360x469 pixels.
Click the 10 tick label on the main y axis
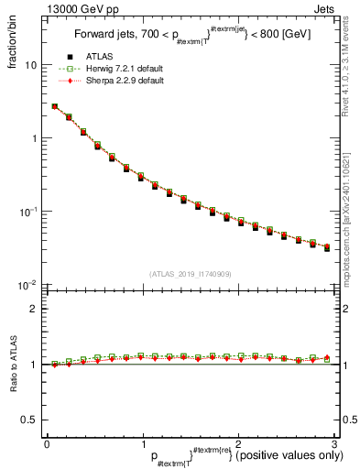(31, 66)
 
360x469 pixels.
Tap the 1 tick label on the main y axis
(35, 138)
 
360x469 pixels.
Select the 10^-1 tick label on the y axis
(30, 211)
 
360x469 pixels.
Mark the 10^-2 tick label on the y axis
(30, 284)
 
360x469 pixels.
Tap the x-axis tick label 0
(47, 444)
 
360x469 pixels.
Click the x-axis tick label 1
(142, 444)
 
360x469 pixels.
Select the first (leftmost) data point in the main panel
(54, 106)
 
